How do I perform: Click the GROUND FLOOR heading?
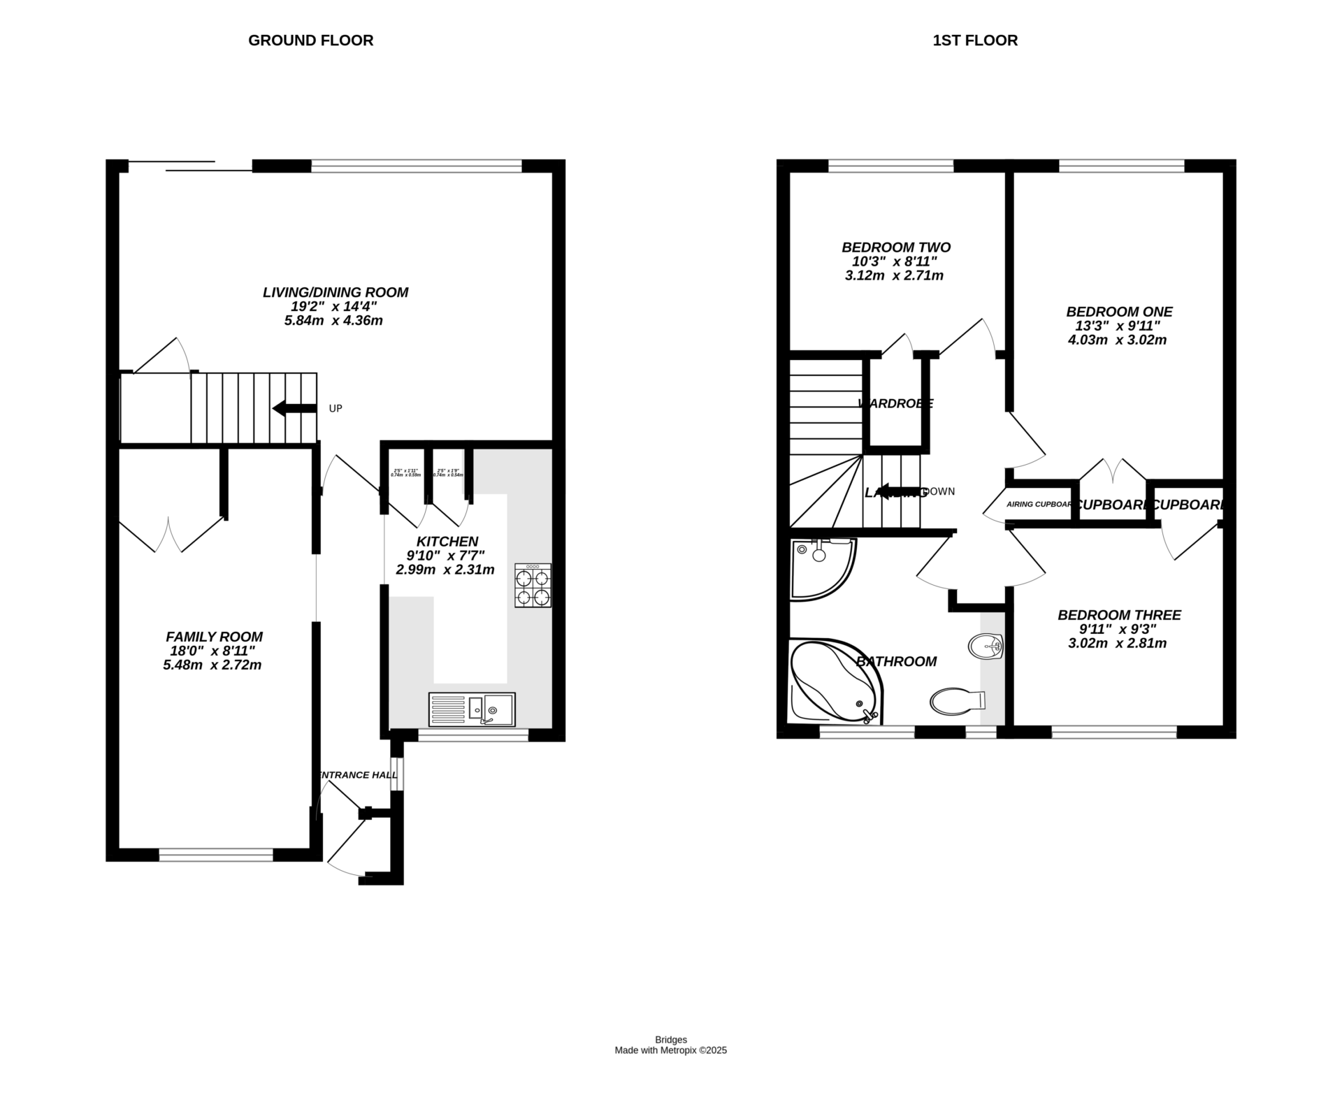(x=310, y=41)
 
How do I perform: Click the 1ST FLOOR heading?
(x=975, y=41)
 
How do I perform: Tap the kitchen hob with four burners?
(x=533, y=586)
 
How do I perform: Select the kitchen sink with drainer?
(x=472, y=709)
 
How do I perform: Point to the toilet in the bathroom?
(x=955, y=700)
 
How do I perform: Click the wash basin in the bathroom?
(x=986, y=645)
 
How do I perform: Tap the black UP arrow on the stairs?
(x=294, y=408)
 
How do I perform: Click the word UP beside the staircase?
(x=335, y=408)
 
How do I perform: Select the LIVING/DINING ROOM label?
(x=335, y=292)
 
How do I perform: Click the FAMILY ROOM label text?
(x=214, y=637)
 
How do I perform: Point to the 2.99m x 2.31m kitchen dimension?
(x=445, y=570)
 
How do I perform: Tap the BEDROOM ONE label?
(x=1119, y=312)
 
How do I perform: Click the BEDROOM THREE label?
(x=1119, y=615)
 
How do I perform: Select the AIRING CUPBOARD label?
(x=1039, y=504)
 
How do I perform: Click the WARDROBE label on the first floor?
(x=895, y=403)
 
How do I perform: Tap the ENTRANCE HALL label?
(x=353, y=775)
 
